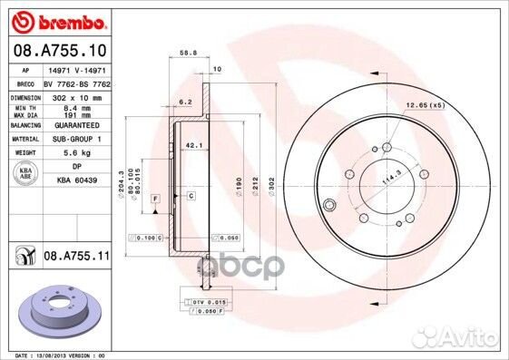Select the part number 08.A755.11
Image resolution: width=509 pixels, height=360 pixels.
[x=76, y=258]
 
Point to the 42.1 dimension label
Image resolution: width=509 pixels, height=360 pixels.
[x=192, y=144]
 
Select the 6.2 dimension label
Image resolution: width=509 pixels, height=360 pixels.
[x=185, y=102]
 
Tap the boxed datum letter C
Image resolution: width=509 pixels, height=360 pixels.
[x=191, y=196]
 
